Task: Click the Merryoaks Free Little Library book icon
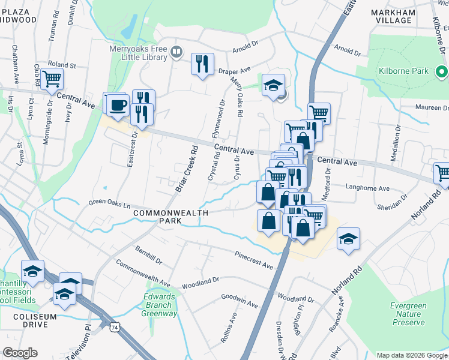point(176,51)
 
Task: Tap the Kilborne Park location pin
point(440,71)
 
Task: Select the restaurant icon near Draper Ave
point(202,65)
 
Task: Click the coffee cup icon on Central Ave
point(118,104)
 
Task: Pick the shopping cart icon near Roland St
point(52,78)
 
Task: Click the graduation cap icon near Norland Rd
point(348,239)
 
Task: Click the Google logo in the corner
point(20,353)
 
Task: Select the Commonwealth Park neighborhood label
point(170,217)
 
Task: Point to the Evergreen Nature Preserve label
point(408,314)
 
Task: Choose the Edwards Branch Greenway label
point(160,305)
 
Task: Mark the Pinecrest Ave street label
point(254,261)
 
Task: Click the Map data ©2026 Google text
point(411,355)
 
